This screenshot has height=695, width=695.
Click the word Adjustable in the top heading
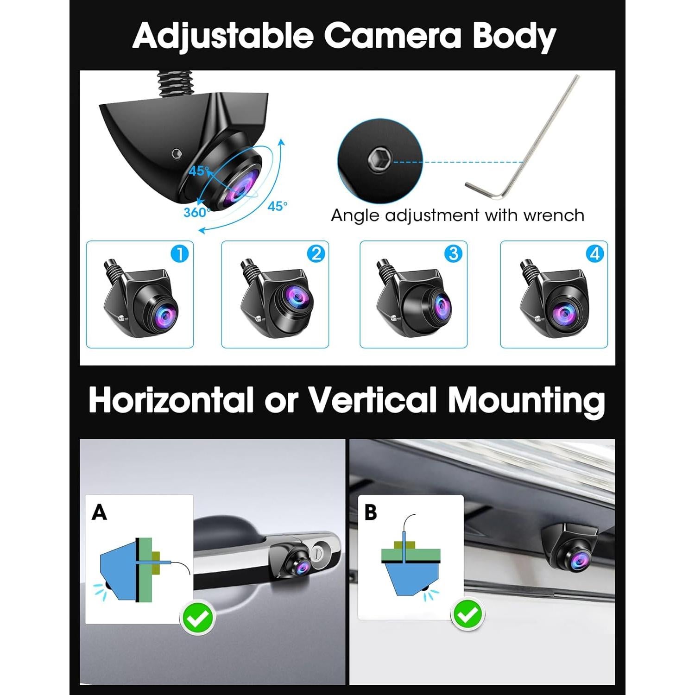[x=223, y=36]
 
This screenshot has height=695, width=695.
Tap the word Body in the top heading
[x=514, y=36]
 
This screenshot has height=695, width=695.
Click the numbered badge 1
[x=180, y=254]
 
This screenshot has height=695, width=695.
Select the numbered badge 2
[x=316, y=254]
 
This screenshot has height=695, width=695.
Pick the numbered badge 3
[x=453, y=253]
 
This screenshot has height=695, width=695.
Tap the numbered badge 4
[x=595, y=253]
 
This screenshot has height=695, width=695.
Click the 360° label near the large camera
[x=196, y=213]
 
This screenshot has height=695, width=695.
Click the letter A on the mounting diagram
[x=99, y=512]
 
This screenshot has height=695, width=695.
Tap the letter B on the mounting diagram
[x=371, y=512]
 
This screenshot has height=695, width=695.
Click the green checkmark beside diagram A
[x=198, y=617]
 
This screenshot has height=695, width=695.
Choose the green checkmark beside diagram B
[x=468, y=614]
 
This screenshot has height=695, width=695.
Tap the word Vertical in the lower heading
[x=373, y=400]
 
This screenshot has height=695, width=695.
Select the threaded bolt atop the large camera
[x=174, y=84]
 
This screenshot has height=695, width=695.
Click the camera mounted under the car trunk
[x=572, y=549]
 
